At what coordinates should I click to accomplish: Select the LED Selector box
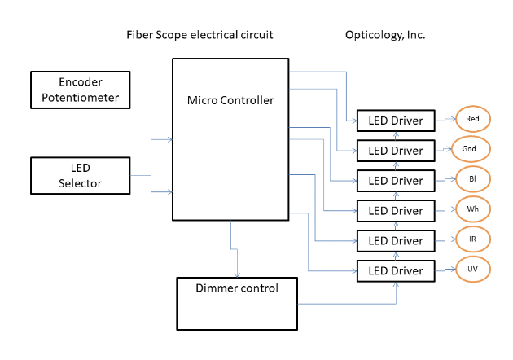(x=80, y=175)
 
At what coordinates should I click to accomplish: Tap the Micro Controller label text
(x=230, y=101)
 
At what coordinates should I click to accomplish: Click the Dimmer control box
(x=237, y=303)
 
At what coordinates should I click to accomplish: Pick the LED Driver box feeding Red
(x=396, y=121)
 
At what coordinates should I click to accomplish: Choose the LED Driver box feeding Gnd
(x=396, y=151)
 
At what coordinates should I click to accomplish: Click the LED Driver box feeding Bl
(x=396, y=181)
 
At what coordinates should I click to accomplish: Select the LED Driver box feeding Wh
(x=396, y=211)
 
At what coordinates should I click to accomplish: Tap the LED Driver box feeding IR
(x=396, y=241)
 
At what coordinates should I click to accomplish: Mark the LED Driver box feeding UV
(x=396, y=270)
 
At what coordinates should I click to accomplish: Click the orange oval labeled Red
(x=472, y=119)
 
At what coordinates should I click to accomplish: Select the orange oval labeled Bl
(x=472, y=178)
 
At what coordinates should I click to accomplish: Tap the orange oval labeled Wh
(x=472, y=209)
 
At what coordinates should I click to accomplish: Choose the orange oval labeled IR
(x=472, y=239)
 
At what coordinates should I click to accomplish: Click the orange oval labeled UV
(x=472, y=268)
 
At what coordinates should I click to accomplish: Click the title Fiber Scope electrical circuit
(x=199, y=35)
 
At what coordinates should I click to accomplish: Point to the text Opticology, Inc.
(x=386, y=35)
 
